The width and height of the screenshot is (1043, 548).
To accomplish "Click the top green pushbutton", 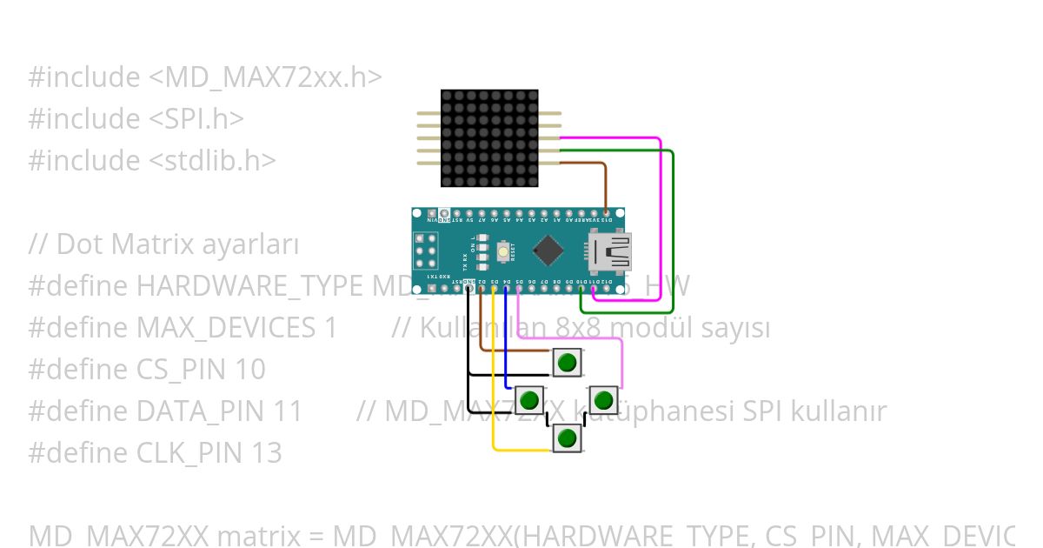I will (x=567, y=362).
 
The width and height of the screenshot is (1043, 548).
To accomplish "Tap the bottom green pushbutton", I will (x=567, y=438).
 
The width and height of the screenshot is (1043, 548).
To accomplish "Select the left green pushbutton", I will (x=529, y=400).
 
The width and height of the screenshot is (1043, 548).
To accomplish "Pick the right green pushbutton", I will (x=603, y=400).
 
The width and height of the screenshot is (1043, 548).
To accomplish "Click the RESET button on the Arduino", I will (x=503, y=251).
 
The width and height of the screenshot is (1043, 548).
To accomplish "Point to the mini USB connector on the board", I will (x=611, y=251).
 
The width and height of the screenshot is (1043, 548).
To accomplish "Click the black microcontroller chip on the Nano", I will (x=548, y=251).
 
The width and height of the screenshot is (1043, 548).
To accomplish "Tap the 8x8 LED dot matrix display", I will (x=489, y=138).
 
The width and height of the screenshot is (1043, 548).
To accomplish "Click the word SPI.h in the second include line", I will (x=202, y=119).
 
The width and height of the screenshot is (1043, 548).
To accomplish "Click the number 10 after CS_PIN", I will (x=249, y=370).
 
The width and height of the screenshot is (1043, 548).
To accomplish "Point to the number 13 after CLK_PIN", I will (x=265, y=453).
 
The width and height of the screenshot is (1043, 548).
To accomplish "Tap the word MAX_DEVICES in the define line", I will (x=226, y=328).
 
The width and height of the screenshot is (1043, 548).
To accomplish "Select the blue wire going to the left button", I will (x=507, y=348).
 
